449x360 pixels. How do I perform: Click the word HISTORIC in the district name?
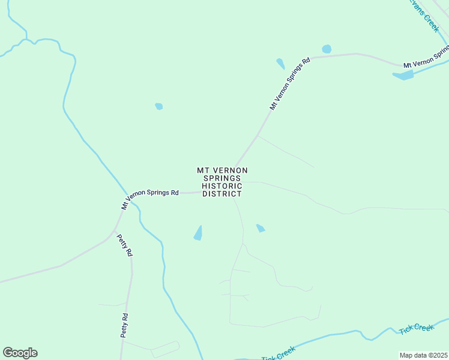(222, 186)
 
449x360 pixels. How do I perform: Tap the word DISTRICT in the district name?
(222, 194)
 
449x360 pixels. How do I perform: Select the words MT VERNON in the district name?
(222, 170)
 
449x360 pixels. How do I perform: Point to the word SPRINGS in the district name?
(222, 178)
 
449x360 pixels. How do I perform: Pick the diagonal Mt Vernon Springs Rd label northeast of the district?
(289, 83)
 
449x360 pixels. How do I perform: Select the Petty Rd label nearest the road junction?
(125, 244)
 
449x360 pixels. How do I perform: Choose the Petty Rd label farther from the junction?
(125, 325)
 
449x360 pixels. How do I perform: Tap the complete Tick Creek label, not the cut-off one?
(416, 328)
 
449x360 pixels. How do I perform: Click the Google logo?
(20, 352)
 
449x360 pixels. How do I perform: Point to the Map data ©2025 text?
(423, 355)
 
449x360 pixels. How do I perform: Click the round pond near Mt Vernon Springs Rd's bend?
(327, 49)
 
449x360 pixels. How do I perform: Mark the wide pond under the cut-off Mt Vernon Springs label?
(403, 76)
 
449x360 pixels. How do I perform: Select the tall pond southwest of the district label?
(199, 233)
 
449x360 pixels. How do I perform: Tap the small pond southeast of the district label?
(261, 228)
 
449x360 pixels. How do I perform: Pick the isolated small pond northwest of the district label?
(159, 106)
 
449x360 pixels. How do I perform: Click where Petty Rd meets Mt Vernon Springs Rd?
(114, 230)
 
